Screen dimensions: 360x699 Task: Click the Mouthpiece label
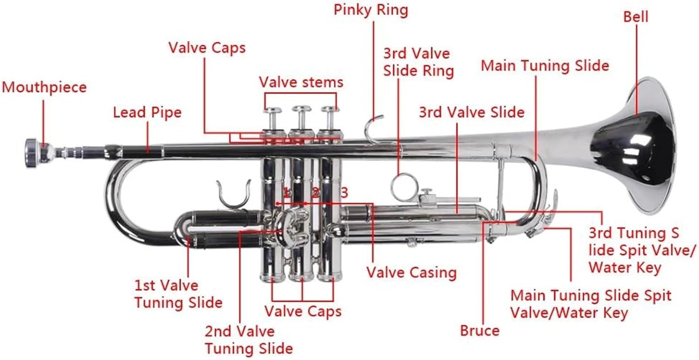pos(44,88)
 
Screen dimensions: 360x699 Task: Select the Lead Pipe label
pos(147,112)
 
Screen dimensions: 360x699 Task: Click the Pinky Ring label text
pos(371,10)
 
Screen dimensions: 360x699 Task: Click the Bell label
pos(636,16)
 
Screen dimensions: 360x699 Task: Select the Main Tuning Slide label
pos(545,65)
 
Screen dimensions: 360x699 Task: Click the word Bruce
pos(480,331)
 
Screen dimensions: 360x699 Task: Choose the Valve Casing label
pos(411,272)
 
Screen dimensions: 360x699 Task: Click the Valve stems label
pos(301,82)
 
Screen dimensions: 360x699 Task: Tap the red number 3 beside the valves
pos(344,192)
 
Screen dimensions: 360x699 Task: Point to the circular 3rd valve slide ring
pos(404,187)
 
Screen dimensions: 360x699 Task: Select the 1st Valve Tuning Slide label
pos(178,294)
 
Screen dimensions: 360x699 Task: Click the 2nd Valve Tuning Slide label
pos(248,340)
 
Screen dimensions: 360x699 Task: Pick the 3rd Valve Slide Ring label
pos(418,62)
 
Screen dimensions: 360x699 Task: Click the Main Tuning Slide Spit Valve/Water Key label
pos(590,303)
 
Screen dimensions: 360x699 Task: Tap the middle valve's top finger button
pos(302,109)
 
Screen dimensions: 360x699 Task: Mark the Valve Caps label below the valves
pos(303,311)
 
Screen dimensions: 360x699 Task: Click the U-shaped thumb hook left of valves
pos(235,196)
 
